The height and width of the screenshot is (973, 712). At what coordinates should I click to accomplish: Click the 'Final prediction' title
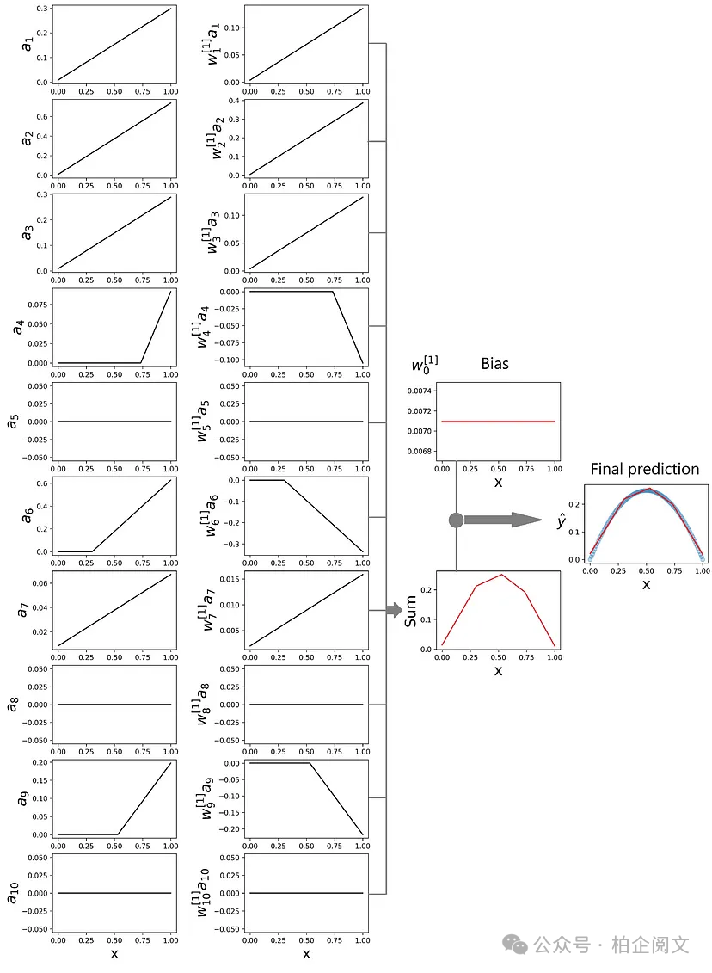coord(644,469)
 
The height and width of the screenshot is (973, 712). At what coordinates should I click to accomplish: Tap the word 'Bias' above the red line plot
coord(495,364)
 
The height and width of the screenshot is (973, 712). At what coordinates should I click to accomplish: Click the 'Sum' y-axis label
coord(410,611)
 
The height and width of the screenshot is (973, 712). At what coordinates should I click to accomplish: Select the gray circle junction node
coord(456,520)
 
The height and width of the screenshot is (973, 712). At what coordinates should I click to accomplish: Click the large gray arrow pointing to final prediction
coord(503,520)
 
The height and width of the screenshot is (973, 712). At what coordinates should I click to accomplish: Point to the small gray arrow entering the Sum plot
coord(395,610)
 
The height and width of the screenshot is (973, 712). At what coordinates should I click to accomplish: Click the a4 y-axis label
coord(19,326)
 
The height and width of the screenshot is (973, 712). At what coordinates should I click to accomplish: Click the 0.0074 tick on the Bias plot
coord(419,391)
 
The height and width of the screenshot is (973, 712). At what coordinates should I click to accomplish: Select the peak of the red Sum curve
coord(501,574)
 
